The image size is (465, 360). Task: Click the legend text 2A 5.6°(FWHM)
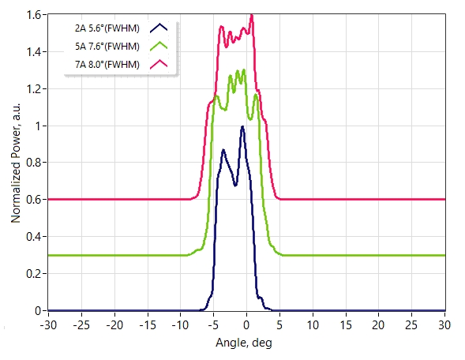click(107, 28)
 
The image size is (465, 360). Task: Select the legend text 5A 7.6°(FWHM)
click(107, 47)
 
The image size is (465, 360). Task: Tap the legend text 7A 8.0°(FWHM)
click(107, 65)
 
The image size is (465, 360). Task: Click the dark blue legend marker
click(159, 28)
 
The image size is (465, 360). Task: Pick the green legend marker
click(159, 46)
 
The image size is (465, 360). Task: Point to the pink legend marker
click(159, 64)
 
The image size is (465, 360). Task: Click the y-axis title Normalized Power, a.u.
click(16, 163)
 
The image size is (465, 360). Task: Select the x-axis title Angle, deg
click(244, 343)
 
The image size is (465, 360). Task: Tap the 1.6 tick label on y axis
click(34, 15)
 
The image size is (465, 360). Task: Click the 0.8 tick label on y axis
click(34, 163)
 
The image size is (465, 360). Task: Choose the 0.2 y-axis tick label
click(34, 274)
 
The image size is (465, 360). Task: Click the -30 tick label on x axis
click(48, 325)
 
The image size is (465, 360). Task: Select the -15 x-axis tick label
click(148, 325)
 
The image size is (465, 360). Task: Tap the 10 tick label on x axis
click(313, 325)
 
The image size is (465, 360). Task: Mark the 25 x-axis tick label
click(411, 325)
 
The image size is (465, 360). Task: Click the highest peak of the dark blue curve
click(242, 126)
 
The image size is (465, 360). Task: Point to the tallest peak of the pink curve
click(252, 15)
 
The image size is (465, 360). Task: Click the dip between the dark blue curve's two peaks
click(235, 186)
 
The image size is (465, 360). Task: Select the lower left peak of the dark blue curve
click(223, 150)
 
